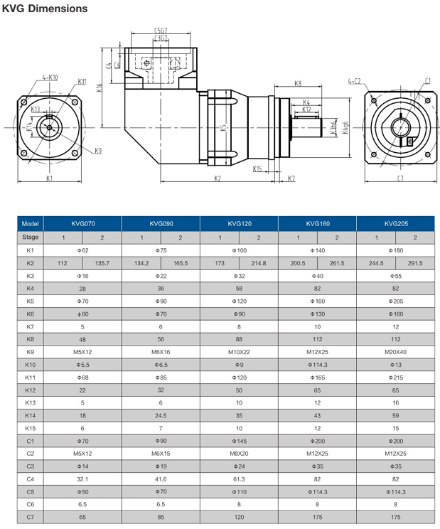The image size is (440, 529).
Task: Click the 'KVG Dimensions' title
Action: [45, 9]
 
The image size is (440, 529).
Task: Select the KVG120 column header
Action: [239, 223]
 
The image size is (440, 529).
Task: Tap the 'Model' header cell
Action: [31, 223]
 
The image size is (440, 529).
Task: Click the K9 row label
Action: [31, 352]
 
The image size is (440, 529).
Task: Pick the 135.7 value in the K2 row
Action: [102, 263]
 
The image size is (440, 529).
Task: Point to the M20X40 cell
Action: [395, 352]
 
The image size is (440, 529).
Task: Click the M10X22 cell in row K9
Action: [239, 352]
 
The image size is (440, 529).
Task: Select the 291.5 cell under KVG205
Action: [415, 263]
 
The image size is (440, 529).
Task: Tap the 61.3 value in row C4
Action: [239, 479]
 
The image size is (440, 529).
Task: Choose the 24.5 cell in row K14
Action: [161, 415]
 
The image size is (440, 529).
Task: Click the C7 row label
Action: [31, 517]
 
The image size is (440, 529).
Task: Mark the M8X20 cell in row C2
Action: [239, 454]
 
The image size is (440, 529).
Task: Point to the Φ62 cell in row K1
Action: [82, 250]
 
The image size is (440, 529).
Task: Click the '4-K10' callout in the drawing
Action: [50, 77]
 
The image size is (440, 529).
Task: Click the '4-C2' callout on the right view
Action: [354, 82]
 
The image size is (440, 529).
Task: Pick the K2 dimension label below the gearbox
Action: [217, 178]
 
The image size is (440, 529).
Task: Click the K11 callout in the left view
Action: [82, 82]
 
